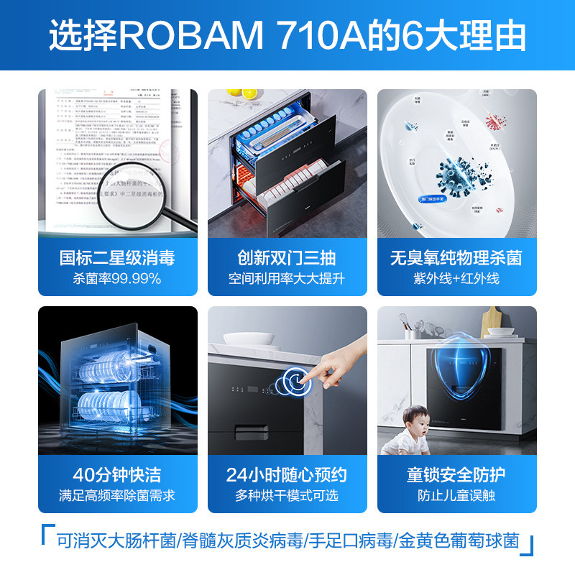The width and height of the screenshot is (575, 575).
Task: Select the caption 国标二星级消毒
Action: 117,257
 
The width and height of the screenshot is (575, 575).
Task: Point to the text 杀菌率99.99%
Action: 117,278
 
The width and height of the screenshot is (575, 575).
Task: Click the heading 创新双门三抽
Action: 287,257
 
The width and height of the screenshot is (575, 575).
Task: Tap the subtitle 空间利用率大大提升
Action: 287,278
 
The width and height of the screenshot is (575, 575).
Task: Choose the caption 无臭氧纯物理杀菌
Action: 456,257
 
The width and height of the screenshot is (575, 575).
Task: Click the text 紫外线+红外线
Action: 456,278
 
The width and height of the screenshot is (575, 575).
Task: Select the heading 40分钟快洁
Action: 117,475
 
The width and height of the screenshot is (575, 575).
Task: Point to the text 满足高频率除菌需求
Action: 117,495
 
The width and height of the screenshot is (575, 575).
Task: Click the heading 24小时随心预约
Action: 287,475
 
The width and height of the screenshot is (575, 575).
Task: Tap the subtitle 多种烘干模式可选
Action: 287,495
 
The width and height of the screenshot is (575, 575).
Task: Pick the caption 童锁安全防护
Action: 456,475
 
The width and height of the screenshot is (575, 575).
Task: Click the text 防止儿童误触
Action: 456,495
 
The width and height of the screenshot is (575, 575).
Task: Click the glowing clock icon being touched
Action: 296,382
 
